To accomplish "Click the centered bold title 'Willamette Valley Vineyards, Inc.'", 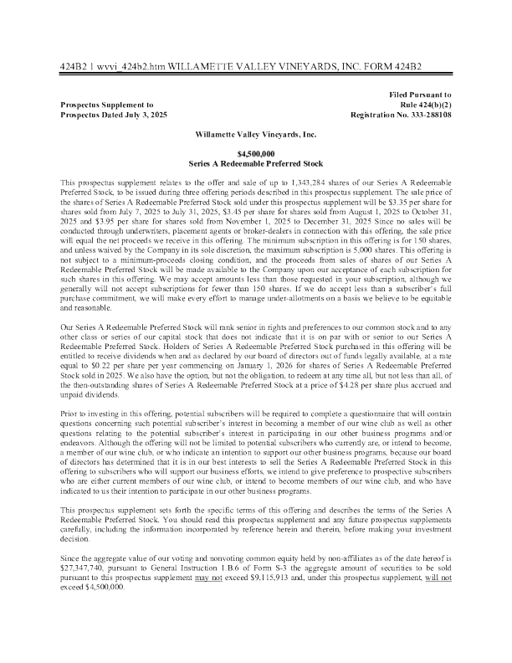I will (x=256, y=133).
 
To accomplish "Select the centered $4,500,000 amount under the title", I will (x=256, y=154).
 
